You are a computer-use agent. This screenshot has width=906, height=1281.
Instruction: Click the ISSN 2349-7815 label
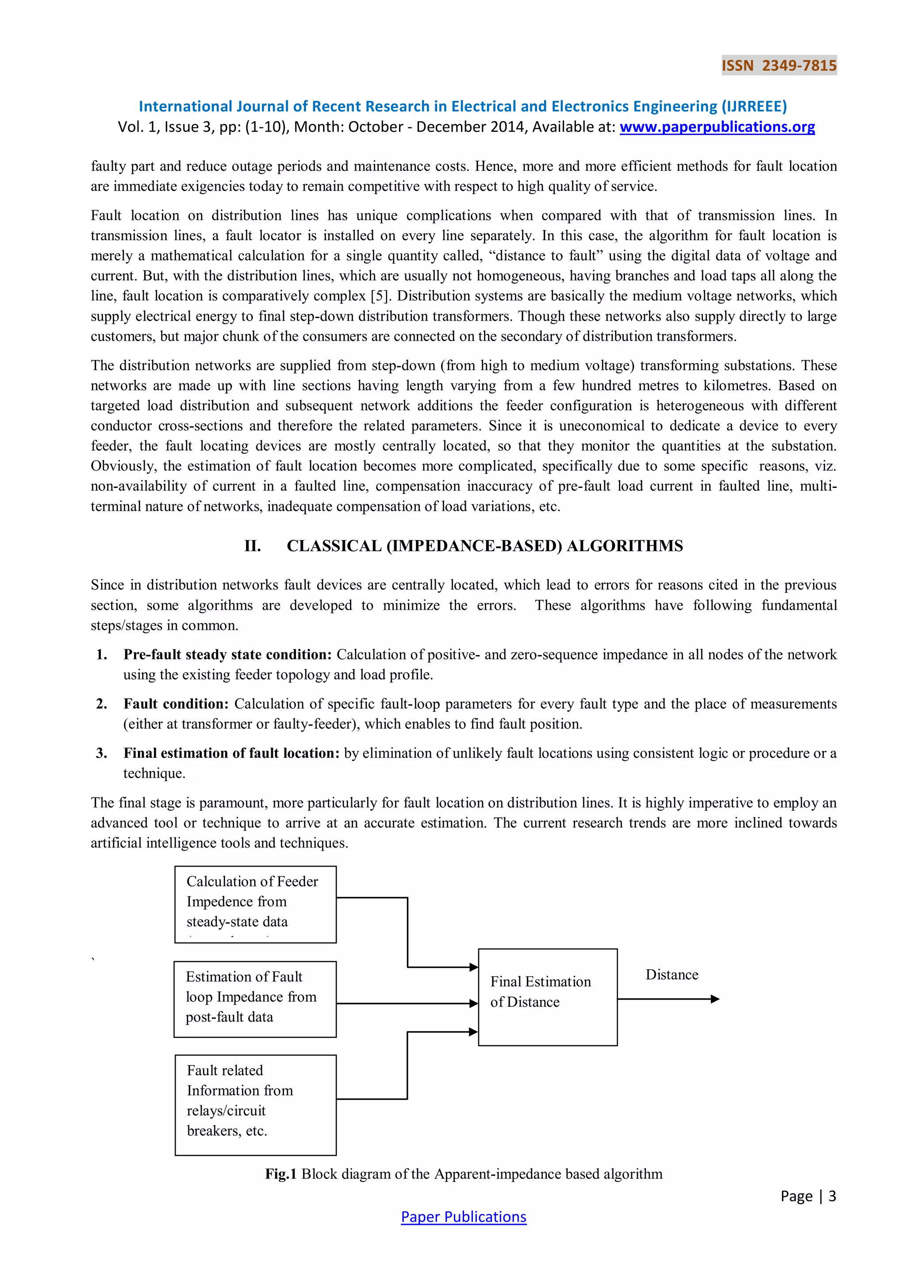779,66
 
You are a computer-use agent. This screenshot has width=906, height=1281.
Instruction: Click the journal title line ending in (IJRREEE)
462,106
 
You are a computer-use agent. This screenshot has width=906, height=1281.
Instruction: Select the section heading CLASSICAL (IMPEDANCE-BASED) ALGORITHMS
484,546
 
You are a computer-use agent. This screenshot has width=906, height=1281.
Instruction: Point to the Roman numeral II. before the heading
252,546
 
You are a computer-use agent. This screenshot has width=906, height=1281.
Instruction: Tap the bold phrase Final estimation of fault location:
231,753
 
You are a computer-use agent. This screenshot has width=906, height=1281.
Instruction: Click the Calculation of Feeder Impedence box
256,905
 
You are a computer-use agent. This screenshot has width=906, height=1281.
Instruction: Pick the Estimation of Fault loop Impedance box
255,999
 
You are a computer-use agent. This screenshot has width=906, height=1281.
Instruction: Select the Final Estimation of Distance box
547,997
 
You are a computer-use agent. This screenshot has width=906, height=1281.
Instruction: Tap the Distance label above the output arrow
672,975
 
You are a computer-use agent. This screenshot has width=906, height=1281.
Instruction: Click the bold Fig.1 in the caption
280,1174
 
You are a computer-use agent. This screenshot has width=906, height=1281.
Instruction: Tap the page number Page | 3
808,1196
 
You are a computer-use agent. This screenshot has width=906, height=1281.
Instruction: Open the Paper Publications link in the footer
463,1217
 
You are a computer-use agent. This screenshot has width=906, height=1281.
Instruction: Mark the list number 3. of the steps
102,753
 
